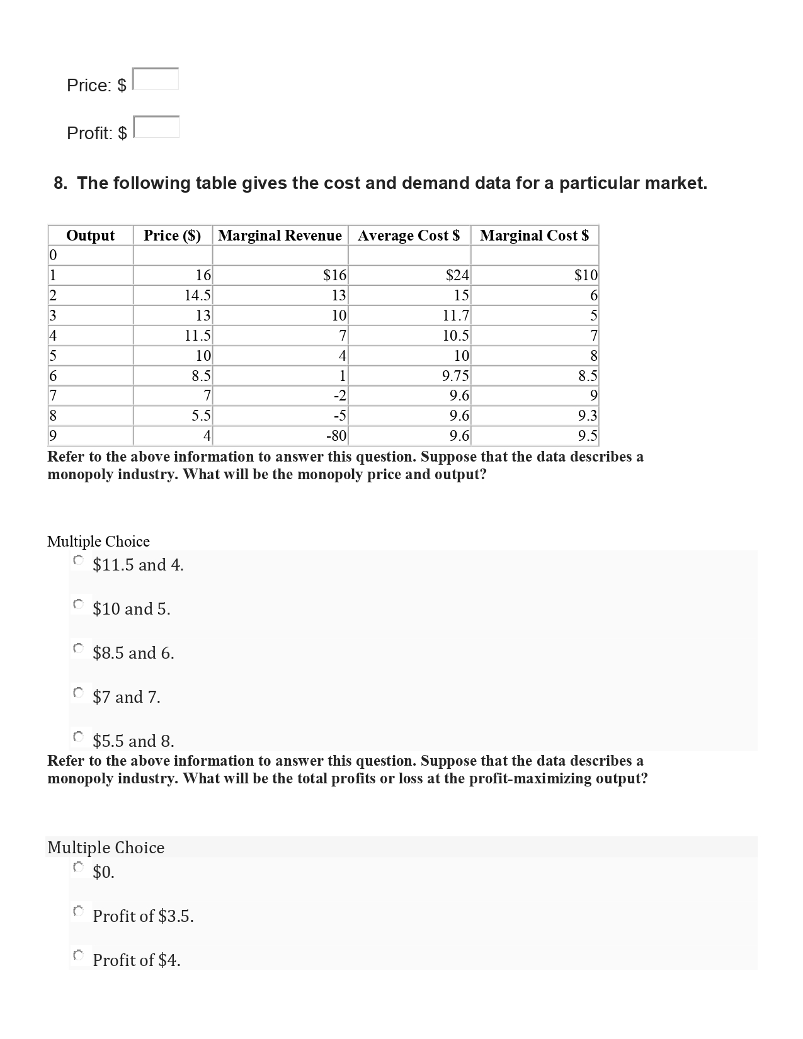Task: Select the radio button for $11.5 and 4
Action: [x=78, y=560]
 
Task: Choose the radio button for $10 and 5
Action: [x=78, y=605]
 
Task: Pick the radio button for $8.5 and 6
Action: [x=78, y=649]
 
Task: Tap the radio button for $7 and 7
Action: [x=78, y=693]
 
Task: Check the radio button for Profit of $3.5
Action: [x=78, y=912]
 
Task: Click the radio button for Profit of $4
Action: [x=78, y=956]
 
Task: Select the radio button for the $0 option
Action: [x=78, y=868]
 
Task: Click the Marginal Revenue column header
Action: [x=280, y=236]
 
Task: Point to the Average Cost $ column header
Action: [x=409, y=236]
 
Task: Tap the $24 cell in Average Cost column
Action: [x=457, y=275]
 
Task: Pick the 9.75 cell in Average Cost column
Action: [x=455, y=377]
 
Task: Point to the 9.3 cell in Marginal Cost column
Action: [x=587, y=416]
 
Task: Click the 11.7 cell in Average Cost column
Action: [x=456, y=315]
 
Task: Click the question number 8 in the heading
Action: [x=60, y=183]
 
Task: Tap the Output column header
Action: [x=90, y=236]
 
